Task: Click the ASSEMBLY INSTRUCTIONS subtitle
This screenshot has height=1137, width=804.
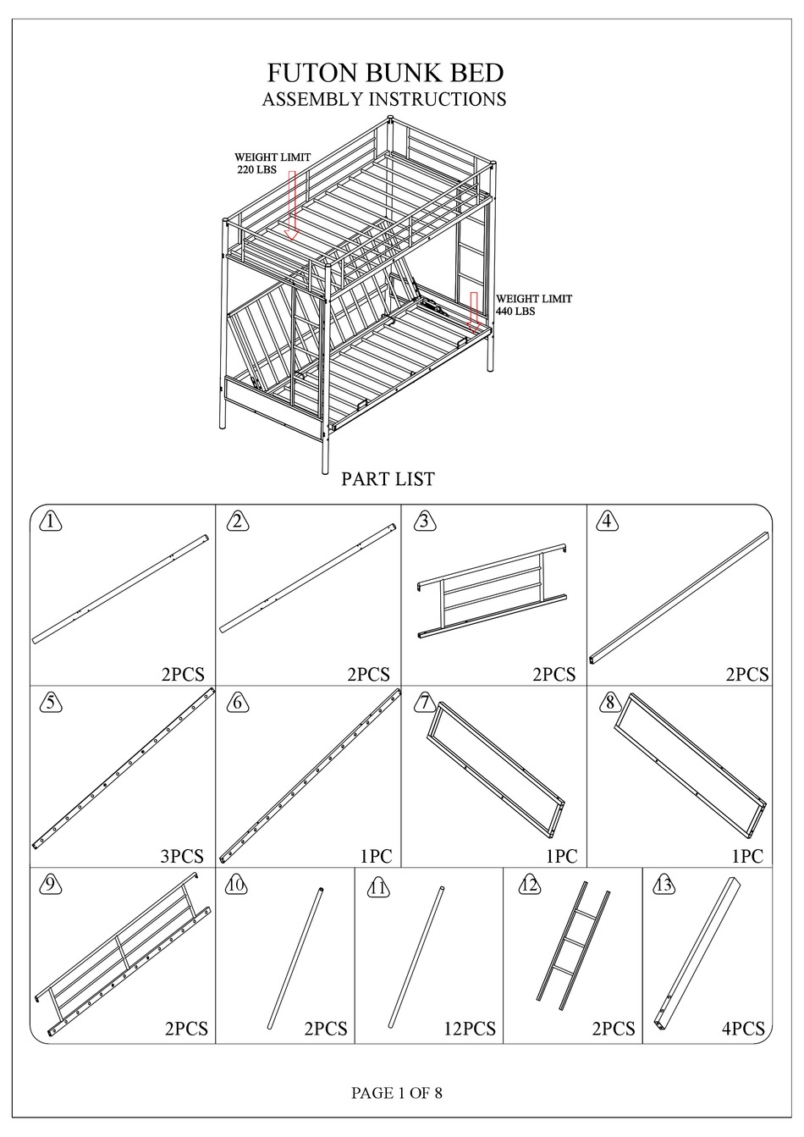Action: pyautogui.click(x=383, y=99)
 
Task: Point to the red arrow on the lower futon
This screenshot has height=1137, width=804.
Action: pyautogui.click(x=475, y=311)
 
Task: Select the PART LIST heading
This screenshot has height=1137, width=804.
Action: pyautogui.click(x=388, y=479)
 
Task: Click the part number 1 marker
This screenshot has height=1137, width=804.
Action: pyautogui.click(x=52, y=522)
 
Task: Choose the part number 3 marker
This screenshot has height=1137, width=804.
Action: pyautogui.click(x=424, y=522)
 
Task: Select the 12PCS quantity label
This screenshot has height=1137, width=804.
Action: pyautogui.click(x=470, y=1029)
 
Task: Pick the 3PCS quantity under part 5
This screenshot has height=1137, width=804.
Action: pyautogui.click(x=182, y=856)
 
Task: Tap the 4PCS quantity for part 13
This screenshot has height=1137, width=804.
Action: pyautogui.click(x=743, y=1029)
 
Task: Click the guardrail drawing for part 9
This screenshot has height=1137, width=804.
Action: pyautogui.click(x=123, y=952)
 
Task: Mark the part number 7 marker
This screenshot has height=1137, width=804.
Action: pyautogui.click(x=424, y=703)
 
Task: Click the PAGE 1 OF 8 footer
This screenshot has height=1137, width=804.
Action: pyautogui.click(x=397, y=1093)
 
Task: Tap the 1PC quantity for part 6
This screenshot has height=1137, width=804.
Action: pyautogui.click(x=376, y=856)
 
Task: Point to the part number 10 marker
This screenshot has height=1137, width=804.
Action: pyautogui.click(x=237, y=885)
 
